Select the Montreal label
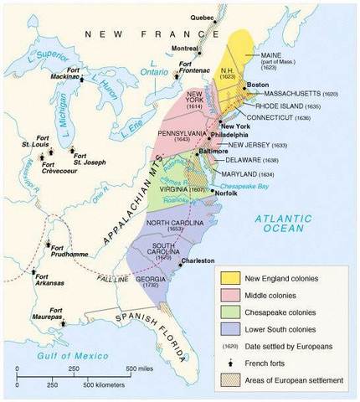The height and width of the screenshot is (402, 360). click(185, 48)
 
